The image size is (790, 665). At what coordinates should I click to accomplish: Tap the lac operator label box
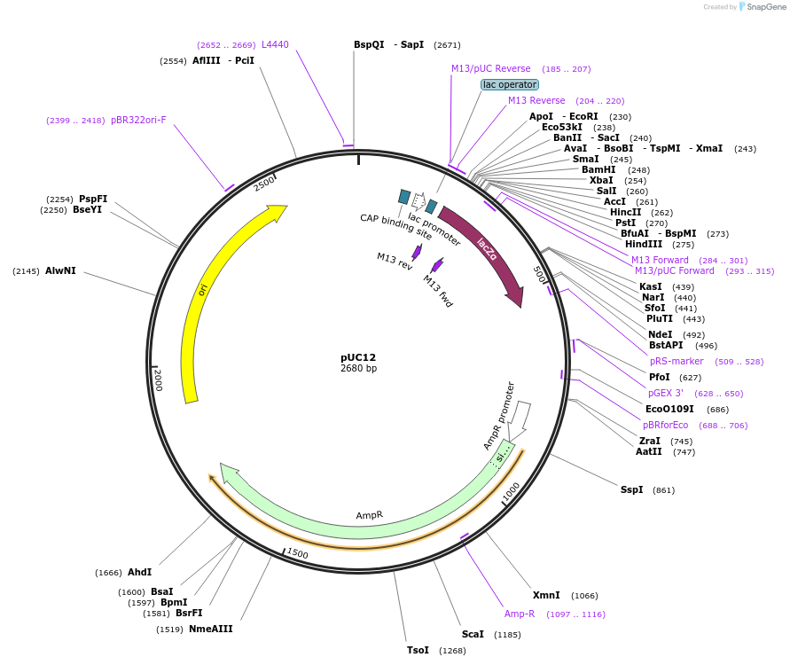pyautogui.click(x=509, y=85)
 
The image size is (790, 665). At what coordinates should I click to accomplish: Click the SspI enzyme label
pyautogui.click(x=631, y=489)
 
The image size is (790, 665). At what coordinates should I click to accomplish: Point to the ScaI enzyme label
pyautogui.click(x=473, y=634)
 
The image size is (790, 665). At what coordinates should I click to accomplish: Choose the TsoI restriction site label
pyautogui.click(x=418, y=650)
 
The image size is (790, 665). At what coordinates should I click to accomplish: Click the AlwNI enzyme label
pyautogui.click(x=60, y=270)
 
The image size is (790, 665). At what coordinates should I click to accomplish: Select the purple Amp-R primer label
pyautogui.click(x=520, y=614)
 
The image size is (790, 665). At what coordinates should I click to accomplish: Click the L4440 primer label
pyautogui.click(x=275, y=44)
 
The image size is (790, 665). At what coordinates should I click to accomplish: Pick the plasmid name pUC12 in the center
pyautogui.click(x=358, y=357)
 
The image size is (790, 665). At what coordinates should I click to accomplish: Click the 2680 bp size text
pyautogui.click(x=358, y=369)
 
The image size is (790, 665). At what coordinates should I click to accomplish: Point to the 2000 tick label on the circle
pyautogui.click(x=159, y=379)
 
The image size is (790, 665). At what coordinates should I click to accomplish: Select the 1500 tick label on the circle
pyautogui.click(x=297, y=554)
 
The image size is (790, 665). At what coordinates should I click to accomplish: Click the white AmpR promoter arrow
pyautogui.click(x=522, y=417)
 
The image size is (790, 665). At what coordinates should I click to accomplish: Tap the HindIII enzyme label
pyautogui.click(x=643, y=244)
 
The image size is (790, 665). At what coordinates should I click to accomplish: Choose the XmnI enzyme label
pyautogui.click(x=546, y=595)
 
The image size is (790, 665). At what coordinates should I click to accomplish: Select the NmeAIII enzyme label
pyautogui.click(x=210, y=629)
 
